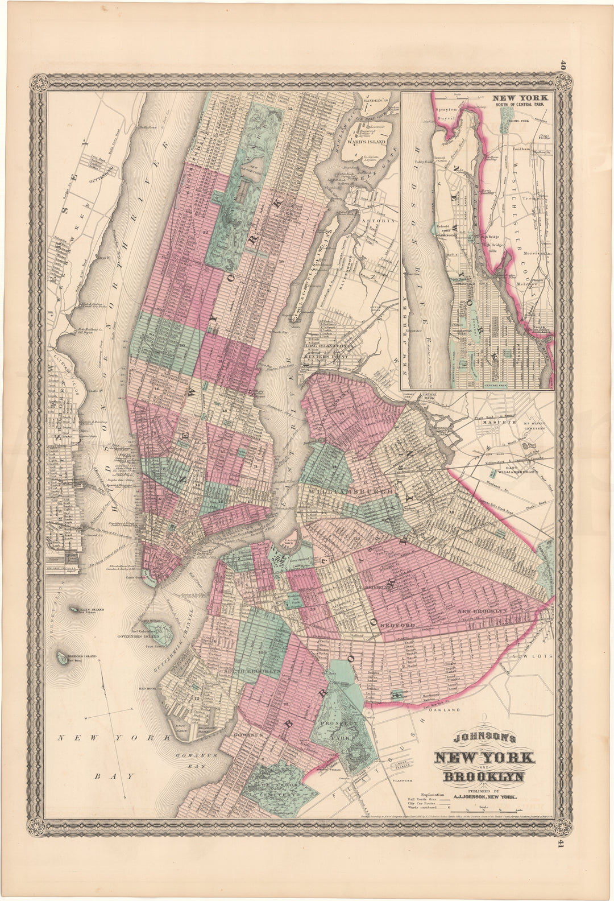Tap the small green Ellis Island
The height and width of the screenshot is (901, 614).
coord(75,609)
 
